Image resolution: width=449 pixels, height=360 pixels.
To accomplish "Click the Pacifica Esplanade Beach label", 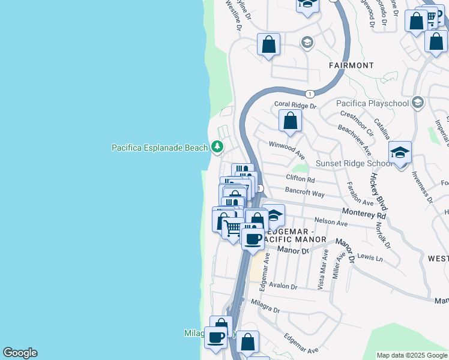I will [x=159, y=147].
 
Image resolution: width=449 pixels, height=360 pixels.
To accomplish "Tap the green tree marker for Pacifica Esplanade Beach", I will [x=217, y=147].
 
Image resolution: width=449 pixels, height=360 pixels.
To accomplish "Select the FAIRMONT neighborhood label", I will [x=351, y=65].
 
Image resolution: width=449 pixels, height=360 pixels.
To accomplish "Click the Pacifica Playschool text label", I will [x=372, y=103].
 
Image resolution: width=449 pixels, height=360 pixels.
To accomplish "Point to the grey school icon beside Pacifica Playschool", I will [x=418, y=103].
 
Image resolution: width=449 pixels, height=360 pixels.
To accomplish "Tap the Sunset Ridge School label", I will [x=354, y=163].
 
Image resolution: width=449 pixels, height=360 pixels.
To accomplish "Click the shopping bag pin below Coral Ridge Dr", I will [x=290, y=121].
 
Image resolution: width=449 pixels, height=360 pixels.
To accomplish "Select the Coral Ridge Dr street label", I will [x=295, y=105].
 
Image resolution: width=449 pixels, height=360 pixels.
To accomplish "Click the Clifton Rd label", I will [x=300, y=179].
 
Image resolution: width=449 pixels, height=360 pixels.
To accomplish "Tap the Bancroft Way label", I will [x=305, y=194].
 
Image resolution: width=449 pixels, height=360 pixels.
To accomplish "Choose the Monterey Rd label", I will [x=364, y=213].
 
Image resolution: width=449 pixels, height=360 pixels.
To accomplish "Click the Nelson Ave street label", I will [x=331, y=223].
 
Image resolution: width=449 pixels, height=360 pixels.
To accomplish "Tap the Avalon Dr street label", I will [x=283, y=286].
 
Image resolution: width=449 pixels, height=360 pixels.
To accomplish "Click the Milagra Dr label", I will [x=266, y=307].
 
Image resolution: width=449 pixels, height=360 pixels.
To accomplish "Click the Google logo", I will [x=20, y=353].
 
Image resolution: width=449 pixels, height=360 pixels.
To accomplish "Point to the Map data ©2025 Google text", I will [x=412, y=355].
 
